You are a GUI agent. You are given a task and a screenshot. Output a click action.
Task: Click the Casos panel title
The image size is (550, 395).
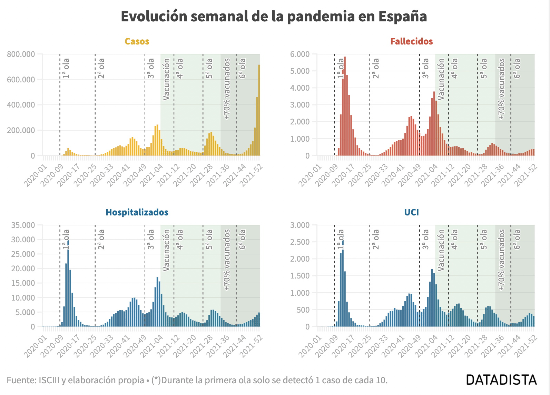tap(137, 41)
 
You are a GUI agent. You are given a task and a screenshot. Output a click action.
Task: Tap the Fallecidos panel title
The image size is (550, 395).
tap(411, 41)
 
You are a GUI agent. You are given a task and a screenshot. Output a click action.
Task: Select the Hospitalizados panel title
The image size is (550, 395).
tap(137, 212)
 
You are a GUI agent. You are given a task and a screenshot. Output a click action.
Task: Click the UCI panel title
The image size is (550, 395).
tap(411, 212)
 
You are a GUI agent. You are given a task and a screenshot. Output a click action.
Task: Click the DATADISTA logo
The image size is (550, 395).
tap(501, 380)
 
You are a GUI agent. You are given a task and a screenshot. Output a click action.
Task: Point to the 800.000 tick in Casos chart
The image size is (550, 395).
tap(21, 54)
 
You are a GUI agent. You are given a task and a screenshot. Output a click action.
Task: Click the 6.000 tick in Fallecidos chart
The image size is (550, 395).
tap(300, 54)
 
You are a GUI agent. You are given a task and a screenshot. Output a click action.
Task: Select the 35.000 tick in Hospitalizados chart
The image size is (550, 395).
tap(23, 225)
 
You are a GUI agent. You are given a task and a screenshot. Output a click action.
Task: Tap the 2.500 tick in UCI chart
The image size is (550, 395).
tap(300, 242)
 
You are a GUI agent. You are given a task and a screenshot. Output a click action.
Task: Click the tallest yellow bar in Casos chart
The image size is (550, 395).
tap(259, 110)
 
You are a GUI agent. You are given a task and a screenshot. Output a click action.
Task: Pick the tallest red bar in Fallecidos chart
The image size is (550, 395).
tap(345, 107)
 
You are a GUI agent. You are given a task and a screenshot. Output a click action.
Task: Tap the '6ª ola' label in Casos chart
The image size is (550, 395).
tap(242, 68)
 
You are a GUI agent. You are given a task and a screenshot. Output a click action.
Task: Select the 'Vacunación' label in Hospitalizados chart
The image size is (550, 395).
tap(166, 250)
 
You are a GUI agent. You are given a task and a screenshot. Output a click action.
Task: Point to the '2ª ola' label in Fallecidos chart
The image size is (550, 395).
tap(376, 68)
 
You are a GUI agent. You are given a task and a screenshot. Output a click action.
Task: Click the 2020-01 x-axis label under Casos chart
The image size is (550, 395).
tap(36, 175)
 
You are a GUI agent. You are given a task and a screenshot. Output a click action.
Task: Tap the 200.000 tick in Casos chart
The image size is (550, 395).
tap(21, 130)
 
